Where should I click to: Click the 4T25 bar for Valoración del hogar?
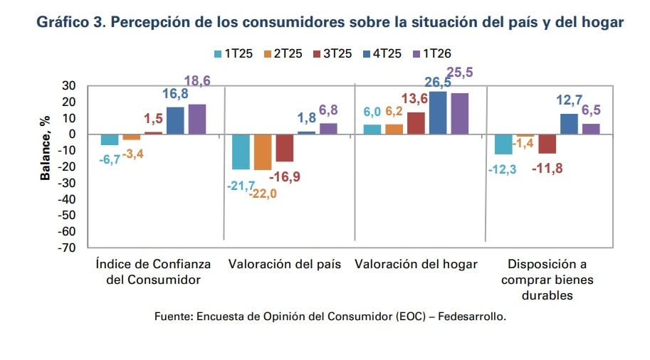438,112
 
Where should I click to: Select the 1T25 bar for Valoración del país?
241,152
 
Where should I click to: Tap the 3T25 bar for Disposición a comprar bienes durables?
547,144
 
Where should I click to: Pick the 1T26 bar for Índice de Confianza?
196,119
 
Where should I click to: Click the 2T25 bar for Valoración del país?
263,152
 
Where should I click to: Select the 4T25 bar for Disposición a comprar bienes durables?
569,124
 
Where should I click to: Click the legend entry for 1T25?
231,53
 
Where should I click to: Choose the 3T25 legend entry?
331,53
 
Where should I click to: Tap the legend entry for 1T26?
431,53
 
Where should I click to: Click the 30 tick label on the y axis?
69,85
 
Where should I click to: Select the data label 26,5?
436,83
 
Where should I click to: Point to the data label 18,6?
197,81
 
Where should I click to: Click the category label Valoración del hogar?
416,264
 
